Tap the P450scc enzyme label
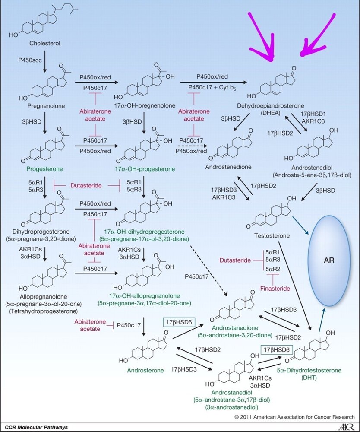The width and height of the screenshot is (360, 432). (x=30, y=60)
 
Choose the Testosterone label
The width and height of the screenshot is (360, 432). (x=272, y=236)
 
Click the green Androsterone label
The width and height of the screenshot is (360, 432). (x=145, y=371)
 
